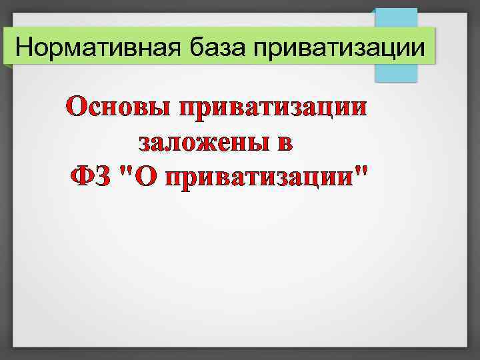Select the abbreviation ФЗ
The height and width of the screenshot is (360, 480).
[x=91, y=177]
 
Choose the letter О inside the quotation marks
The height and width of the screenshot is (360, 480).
[x=145, y=177]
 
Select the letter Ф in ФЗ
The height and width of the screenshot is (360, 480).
[x=83, y=177]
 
